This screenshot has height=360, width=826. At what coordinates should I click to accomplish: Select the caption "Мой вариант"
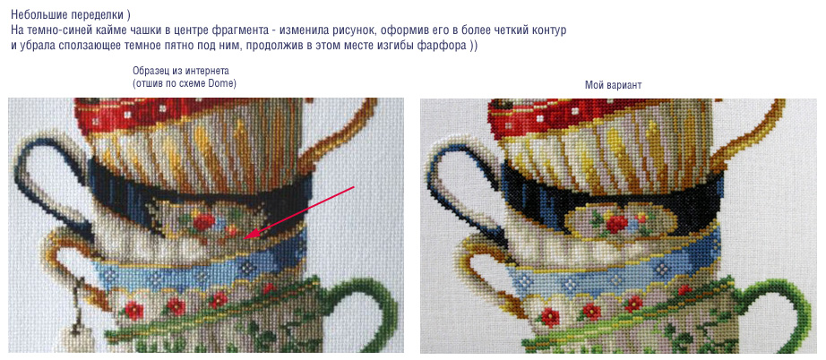613,85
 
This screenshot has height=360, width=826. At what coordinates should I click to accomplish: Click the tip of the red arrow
247,237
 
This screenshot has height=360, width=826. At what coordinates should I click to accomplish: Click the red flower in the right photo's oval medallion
615,224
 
